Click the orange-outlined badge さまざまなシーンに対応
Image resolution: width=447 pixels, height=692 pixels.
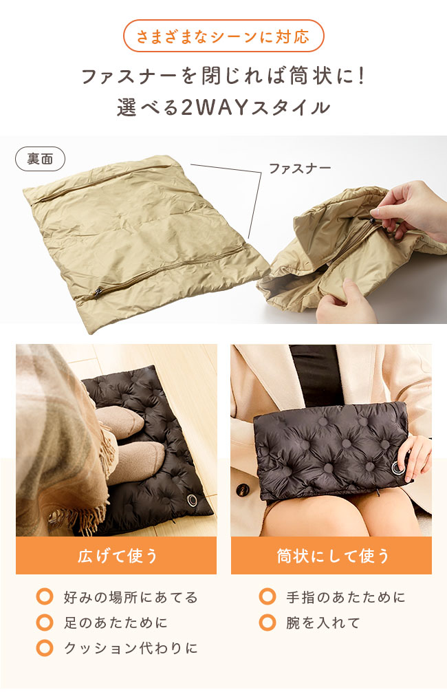coord(223,36)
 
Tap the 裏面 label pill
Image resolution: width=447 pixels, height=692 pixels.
coord(40,159)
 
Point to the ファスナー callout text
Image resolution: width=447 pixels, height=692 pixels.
coord(300,169)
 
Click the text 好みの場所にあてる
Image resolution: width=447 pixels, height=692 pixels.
coord(130,597)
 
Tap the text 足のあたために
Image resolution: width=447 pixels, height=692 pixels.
coord(115,623)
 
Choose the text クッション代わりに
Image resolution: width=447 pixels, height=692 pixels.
coord(130,648)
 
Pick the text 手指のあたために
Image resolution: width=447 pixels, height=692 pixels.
coord(345,597)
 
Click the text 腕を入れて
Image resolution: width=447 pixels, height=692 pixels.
coord(323,623)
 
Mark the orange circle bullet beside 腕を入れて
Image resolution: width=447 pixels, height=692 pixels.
coord(268,623)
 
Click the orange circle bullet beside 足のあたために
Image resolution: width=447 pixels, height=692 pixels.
coord(45,623)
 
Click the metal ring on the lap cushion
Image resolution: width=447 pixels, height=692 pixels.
coord(398,468)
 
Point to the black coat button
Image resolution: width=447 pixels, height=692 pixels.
coord(242,490)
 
